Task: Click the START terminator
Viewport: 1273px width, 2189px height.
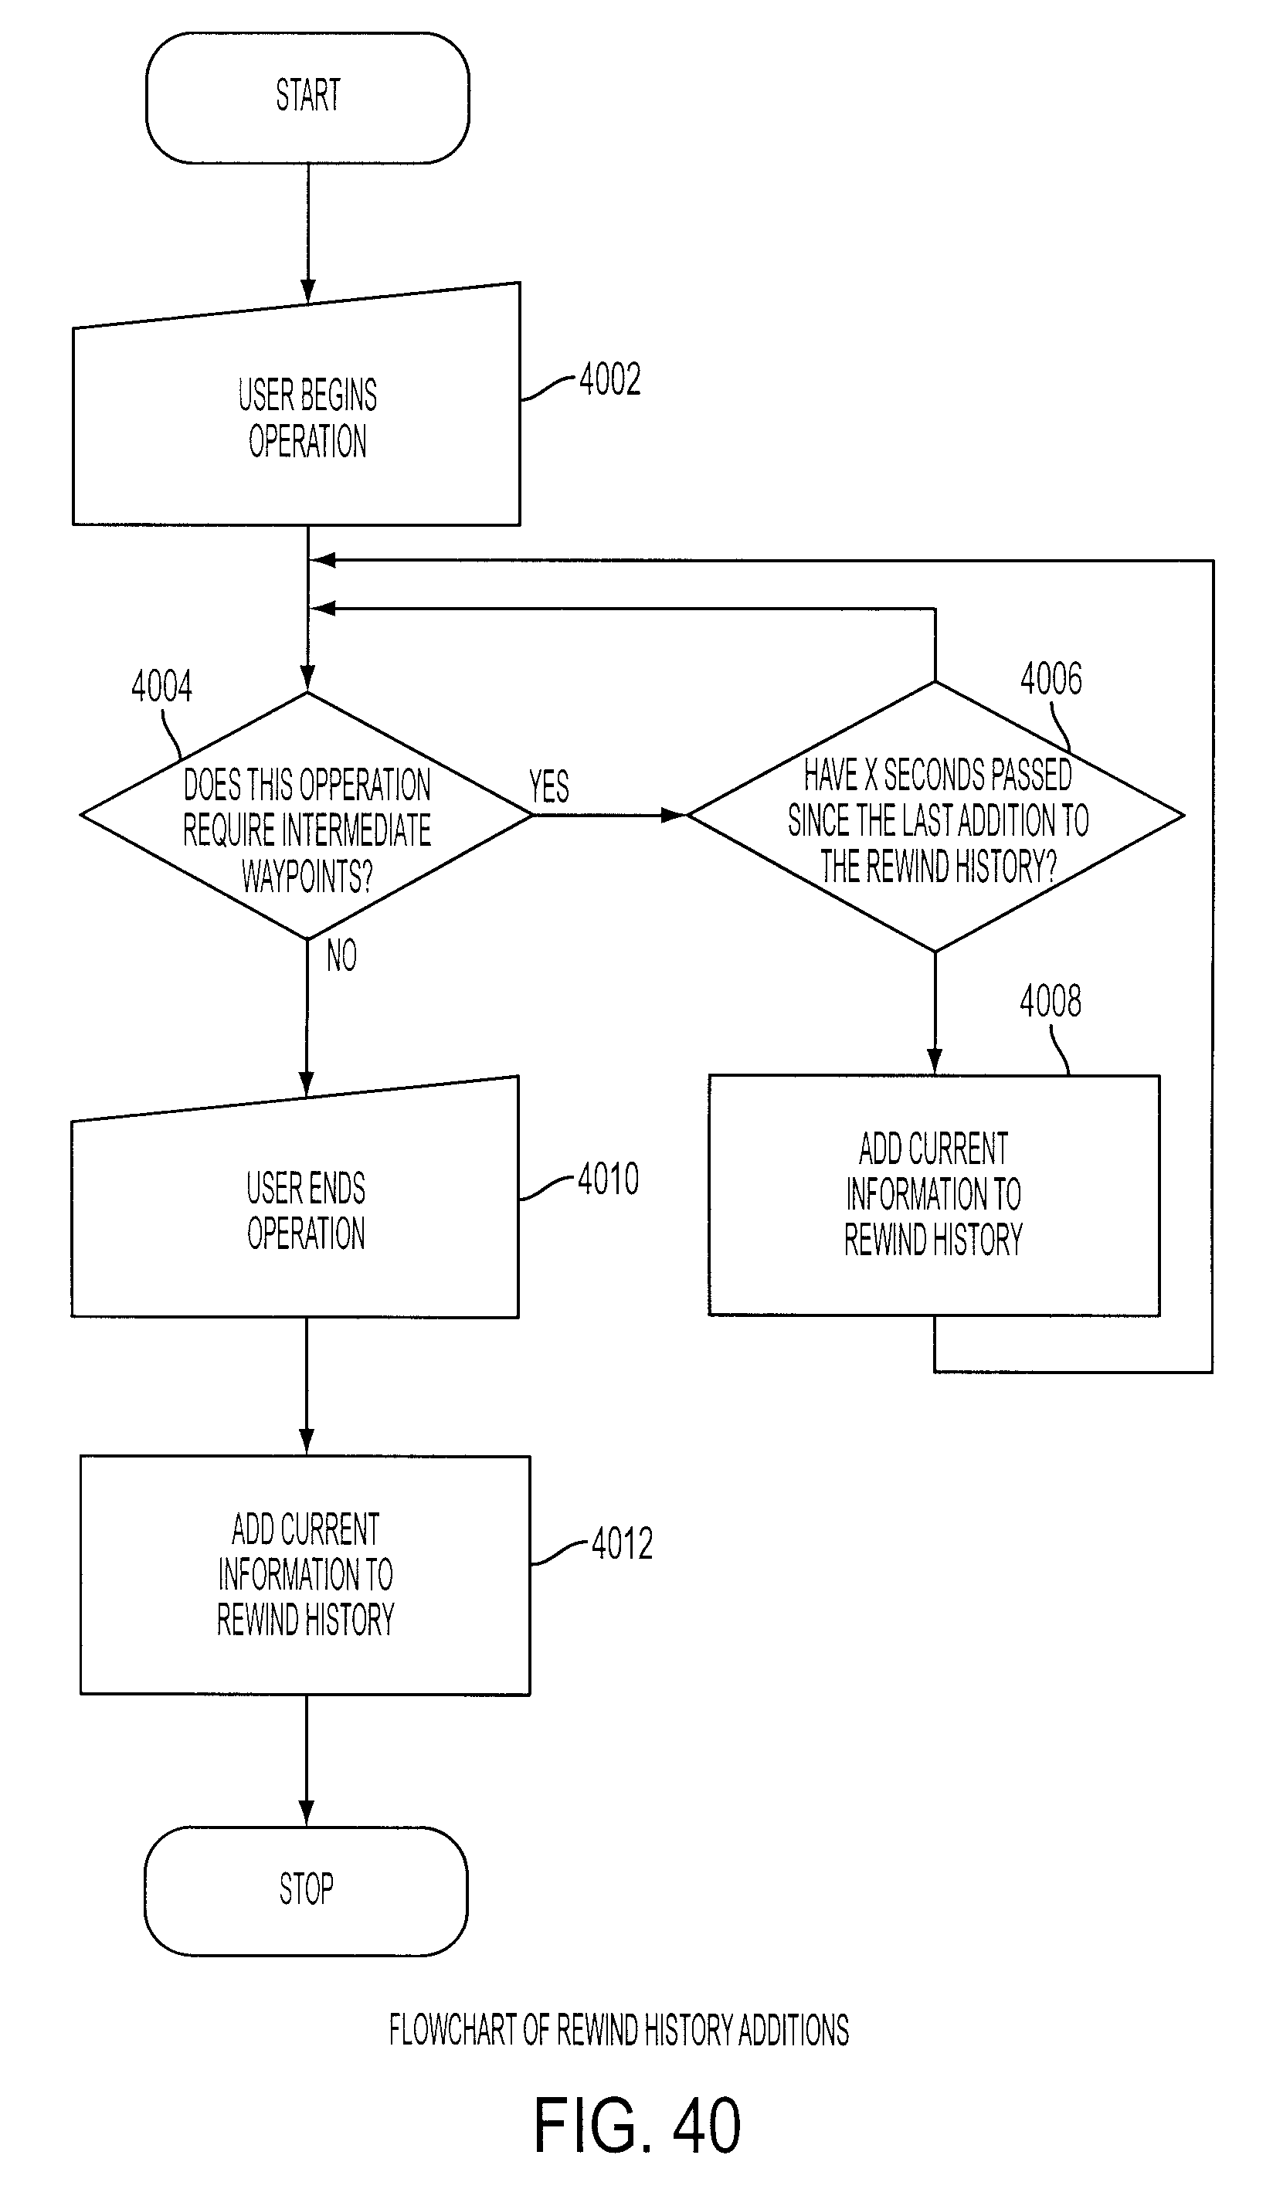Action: pyautogui.click(x=307, y=97)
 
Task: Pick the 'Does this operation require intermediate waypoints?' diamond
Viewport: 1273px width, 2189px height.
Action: pyautogui.click(x=307, y=815)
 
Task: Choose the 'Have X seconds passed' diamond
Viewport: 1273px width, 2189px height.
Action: pyautogui.click(x=935, y=816)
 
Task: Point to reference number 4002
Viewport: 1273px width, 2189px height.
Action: pyautogui.click(x=610, y=379)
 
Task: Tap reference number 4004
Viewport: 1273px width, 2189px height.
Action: pyautogui.click(x=161, y=686)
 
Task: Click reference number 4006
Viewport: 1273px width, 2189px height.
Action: pyautogui.click(x=1051, y=678)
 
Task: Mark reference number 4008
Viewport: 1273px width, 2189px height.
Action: pyautogui.click(x=1051, y=1002)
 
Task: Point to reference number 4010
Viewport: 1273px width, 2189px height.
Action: pyautogui.click(x=608, y=1179)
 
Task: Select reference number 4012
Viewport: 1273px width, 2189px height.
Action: pyautogui.click(x=622, y=1543)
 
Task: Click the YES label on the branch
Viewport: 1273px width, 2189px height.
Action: pyautogui.click(x=549, y=787)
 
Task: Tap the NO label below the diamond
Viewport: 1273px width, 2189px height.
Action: pyautogui.click(x=341, y=955)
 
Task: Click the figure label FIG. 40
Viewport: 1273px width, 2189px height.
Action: pyautogui.click(x=637, y=2124)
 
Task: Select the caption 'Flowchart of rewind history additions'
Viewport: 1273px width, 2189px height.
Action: pyautogui.click(x=619, y=2030)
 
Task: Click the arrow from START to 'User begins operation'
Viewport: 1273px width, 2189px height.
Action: pyautogui.click(x=307, y=232)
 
